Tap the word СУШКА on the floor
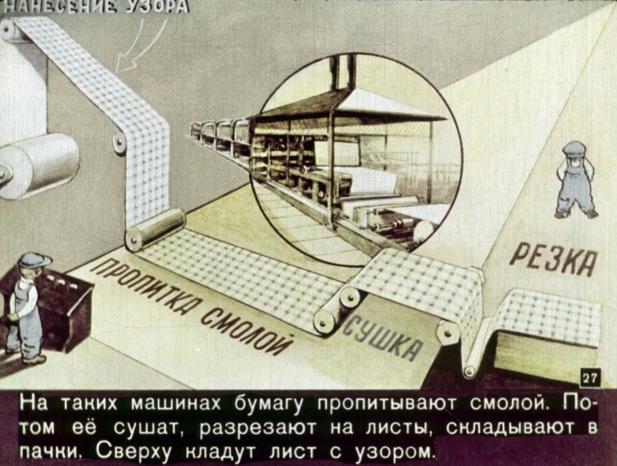[381, 338]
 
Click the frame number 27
[591, 379]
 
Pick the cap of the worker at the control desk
[34, 261]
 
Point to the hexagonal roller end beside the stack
[449, 333]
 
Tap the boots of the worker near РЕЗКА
[576, 214]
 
